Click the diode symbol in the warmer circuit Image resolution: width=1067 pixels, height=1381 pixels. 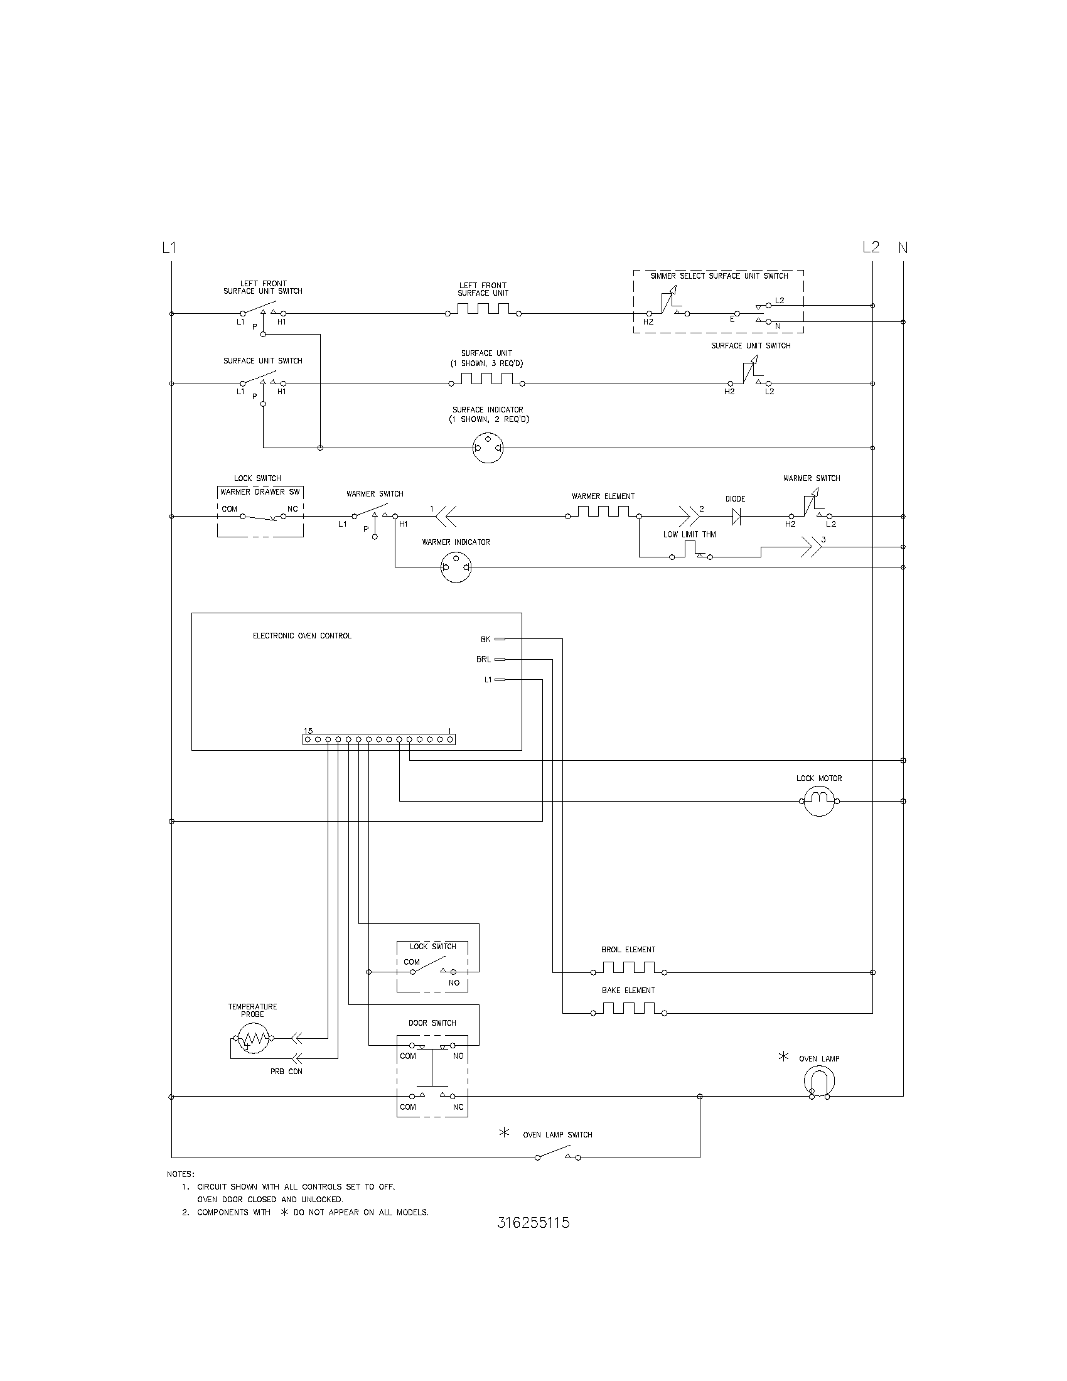[x=736, y=517]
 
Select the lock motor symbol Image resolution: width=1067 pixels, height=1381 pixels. [x=819, y=800]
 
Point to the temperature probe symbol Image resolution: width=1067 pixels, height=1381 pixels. [x=253, y=1038]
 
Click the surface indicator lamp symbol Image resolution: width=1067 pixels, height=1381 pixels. [x=488, y=448]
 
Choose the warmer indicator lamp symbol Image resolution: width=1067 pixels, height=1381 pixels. [x=456, y=567]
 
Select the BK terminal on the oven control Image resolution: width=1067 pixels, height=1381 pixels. [x=500, y=639]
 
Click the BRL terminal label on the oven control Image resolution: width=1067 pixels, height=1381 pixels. [x=483, y=660]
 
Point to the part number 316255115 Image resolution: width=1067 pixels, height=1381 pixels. [x=533, y=1223]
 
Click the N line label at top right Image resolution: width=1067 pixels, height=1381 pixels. [x=903, y=248]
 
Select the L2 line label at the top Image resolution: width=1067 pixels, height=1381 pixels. [x=871, y=247]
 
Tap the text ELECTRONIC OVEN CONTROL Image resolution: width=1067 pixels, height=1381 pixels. [x=302, y=636]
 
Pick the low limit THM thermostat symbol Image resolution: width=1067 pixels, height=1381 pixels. [x=691, y=556]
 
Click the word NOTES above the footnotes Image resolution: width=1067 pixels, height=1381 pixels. [x=181, y=1174]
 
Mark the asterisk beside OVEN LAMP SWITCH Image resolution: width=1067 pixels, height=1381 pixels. [x=505, y=1132]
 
